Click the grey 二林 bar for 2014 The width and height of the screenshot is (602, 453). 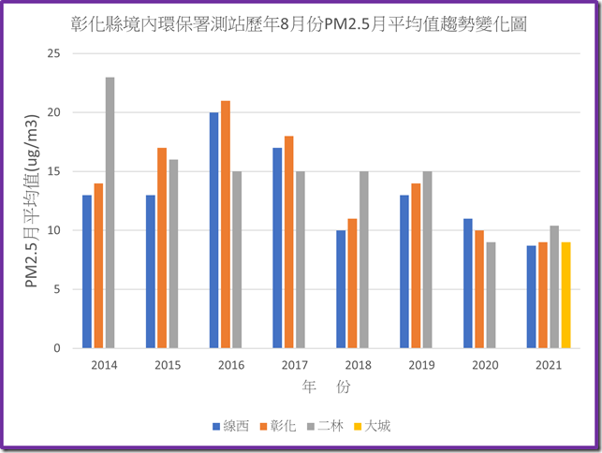click(110, 212)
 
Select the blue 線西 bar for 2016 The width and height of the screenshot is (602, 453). click(214, 230)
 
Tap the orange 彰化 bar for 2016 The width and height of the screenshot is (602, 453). click(226, 225)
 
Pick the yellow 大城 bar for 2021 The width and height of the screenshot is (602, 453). click(566, 295)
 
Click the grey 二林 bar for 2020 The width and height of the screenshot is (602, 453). click(492, 295)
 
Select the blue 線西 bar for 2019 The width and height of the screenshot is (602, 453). click(405, 271)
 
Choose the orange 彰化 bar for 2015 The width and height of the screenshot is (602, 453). click(162, 248)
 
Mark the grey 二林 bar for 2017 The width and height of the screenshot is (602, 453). click(301, 259)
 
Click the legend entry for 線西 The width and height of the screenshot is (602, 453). click(229, 426)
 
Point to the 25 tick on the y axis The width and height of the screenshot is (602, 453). click(52, 53)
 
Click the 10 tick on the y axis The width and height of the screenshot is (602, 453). click(52, 230)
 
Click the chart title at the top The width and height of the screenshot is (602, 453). click(299, 24)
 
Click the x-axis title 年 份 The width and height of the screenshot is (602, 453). click(327, 386)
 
